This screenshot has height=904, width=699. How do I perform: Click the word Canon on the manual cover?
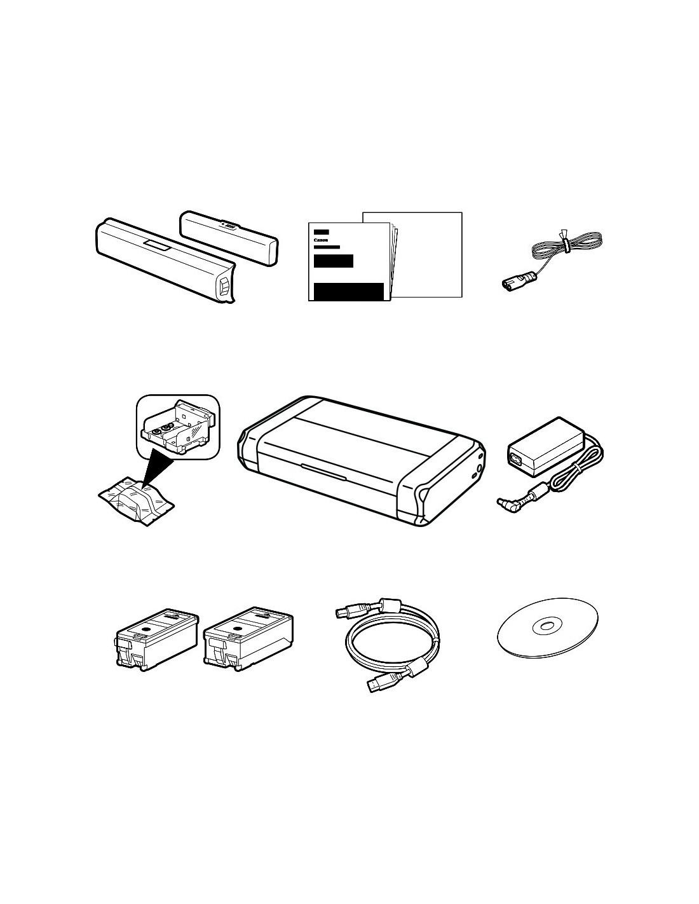pos(321,240)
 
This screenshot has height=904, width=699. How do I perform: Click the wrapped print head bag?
pos(137,500)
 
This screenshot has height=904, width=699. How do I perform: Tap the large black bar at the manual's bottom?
pos(348,291)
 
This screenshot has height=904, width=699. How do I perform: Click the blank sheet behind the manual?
pos(428,254)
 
